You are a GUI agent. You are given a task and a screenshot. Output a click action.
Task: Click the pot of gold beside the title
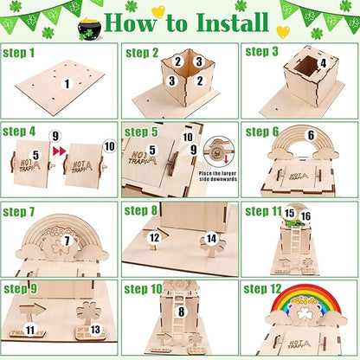coord(90,28)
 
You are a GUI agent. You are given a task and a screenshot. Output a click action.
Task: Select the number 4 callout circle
coord(323,62)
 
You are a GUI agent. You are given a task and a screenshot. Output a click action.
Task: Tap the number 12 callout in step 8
coord(153,237)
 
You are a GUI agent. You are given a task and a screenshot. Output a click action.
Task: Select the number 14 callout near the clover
coord(211,238)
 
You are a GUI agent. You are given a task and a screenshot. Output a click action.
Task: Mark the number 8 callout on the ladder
coord(180,312)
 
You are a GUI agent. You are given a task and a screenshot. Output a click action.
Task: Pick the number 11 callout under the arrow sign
coord(30,330)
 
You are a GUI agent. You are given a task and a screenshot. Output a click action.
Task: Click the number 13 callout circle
coord(95,330)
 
